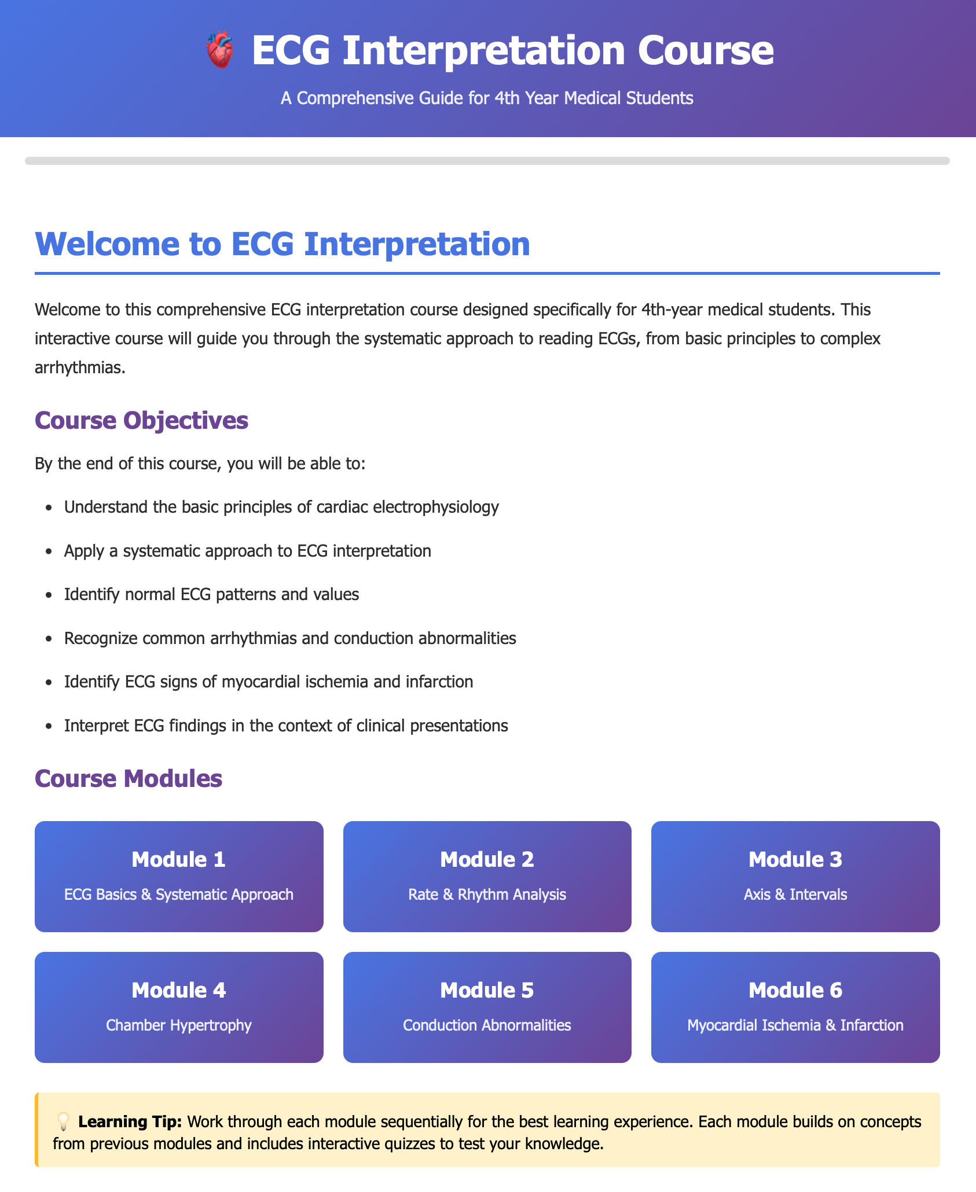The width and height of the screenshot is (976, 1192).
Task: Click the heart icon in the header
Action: [x=220, y=50]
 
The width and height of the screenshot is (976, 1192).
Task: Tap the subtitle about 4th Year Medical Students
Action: [x=487, y=98]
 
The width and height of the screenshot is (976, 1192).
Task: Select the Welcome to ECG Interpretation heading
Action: [x=282, y=244]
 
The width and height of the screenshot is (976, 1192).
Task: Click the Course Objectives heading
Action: [x=141, y=420]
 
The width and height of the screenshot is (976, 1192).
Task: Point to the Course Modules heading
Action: [x=129, y=778]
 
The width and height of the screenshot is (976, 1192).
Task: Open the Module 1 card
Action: [x=179, y=876]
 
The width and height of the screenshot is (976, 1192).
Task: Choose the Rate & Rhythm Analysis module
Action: [x=487, y=876]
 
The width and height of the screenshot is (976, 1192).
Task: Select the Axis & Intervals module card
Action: [x=795, y=876]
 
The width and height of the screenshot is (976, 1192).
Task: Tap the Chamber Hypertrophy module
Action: [x=179, y=1007]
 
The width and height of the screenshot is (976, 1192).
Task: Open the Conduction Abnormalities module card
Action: [x=487, y=1007]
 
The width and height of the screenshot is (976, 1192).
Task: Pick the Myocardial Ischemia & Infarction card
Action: [x=795, y=1007]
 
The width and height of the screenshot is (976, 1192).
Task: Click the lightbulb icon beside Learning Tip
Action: [x=63, y=1122]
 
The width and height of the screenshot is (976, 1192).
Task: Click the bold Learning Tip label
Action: [x=130, y=1122]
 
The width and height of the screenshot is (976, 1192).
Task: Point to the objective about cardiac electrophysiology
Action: [x=281, y=507]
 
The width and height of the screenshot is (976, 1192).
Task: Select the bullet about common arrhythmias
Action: [x=290, y=638]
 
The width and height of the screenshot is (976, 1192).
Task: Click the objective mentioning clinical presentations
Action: [x=286, y=726]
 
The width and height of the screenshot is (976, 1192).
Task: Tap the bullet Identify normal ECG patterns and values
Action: [x=211, y=594]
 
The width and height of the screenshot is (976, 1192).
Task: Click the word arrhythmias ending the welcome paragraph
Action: [x=79, y=367]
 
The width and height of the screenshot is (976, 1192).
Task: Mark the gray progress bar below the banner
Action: [x=487, y=161]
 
